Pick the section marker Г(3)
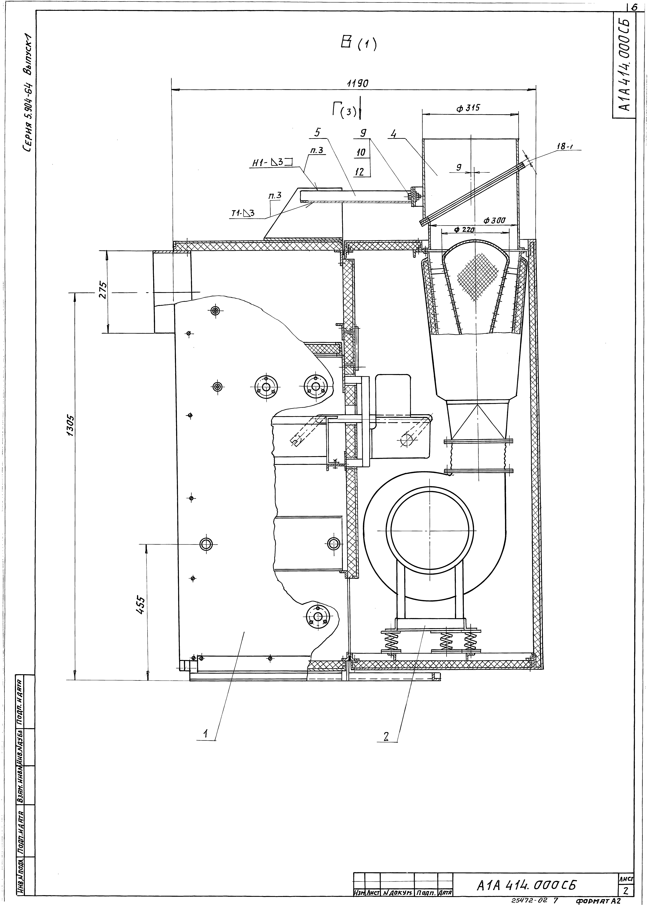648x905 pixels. pos(346,110)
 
